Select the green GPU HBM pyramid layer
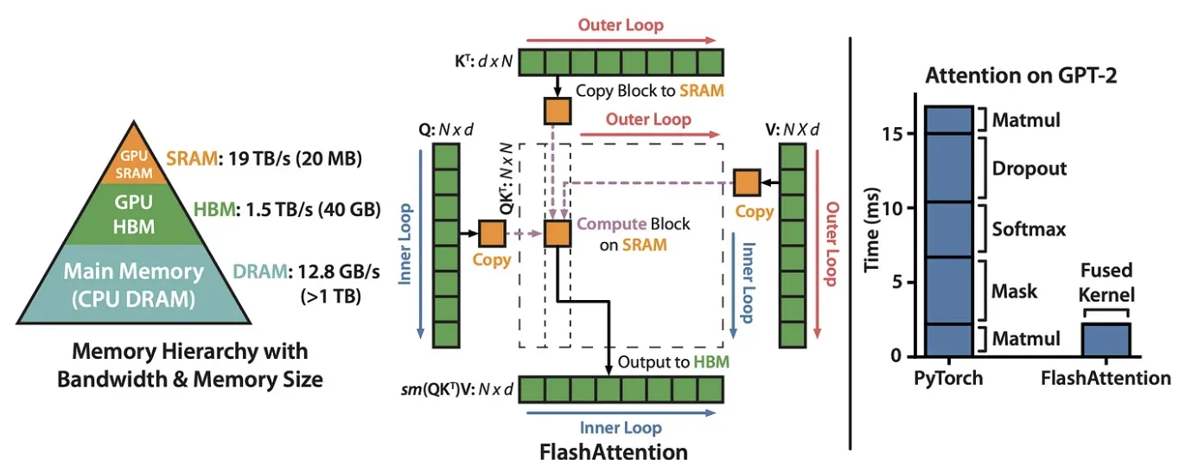(134, 214)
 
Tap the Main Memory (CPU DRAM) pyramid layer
(134, 284)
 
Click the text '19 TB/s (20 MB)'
(295, 158)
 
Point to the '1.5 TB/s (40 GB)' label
(313, 209)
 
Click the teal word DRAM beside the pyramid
(260, 272)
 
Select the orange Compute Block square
(558, 233)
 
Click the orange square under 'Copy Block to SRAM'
(558, 112)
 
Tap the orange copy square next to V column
(747, 182)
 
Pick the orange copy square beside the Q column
(492, 233)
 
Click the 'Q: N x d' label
(446, 130)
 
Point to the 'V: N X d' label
(792, 130)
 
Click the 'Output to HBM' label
(673, 362)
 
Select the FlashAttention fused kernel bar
(1106, 340)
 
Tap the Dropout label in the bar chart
(1029, 169)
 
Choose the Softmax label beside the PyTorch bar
(1029, 229)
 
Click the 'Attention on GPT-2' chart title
(1021, 75)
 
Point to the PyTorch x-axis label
(948, 378)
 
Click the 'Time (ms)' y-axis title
(872, 229)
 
